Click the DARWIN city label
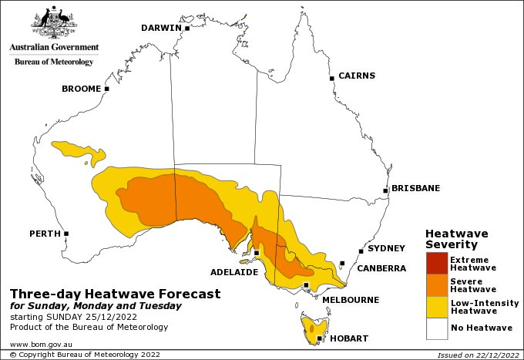click(x=160, y=29)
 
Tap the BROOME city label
click(x=81, y=89)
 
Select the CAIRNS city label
click(x=357, y=76)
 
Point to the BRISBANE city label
click(x=415, y=188)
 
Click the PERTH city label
click(x=44, y=234)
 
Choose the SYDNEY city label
click(x=386, y=248)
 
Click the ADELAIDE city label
click(x=236, y=272)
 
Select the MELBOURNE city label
click(x=350, y=299)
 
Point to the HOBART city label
click(x=348, y=339)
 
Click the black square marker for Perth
click(x=67, y=234)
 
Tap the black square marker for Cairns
click(x=331, y=78)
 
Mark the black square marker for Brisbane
click(x=385, y=190)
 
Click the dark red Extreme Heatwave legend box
click(x=436, y=263)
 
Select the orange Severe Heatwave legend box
click(x=436, y=285)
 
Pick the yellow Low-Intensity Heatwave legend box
click(x=436, y=308)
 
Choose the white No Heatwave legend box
click(x=436, y=329)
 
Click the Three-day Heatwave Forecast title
click(x=115, y=294)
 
